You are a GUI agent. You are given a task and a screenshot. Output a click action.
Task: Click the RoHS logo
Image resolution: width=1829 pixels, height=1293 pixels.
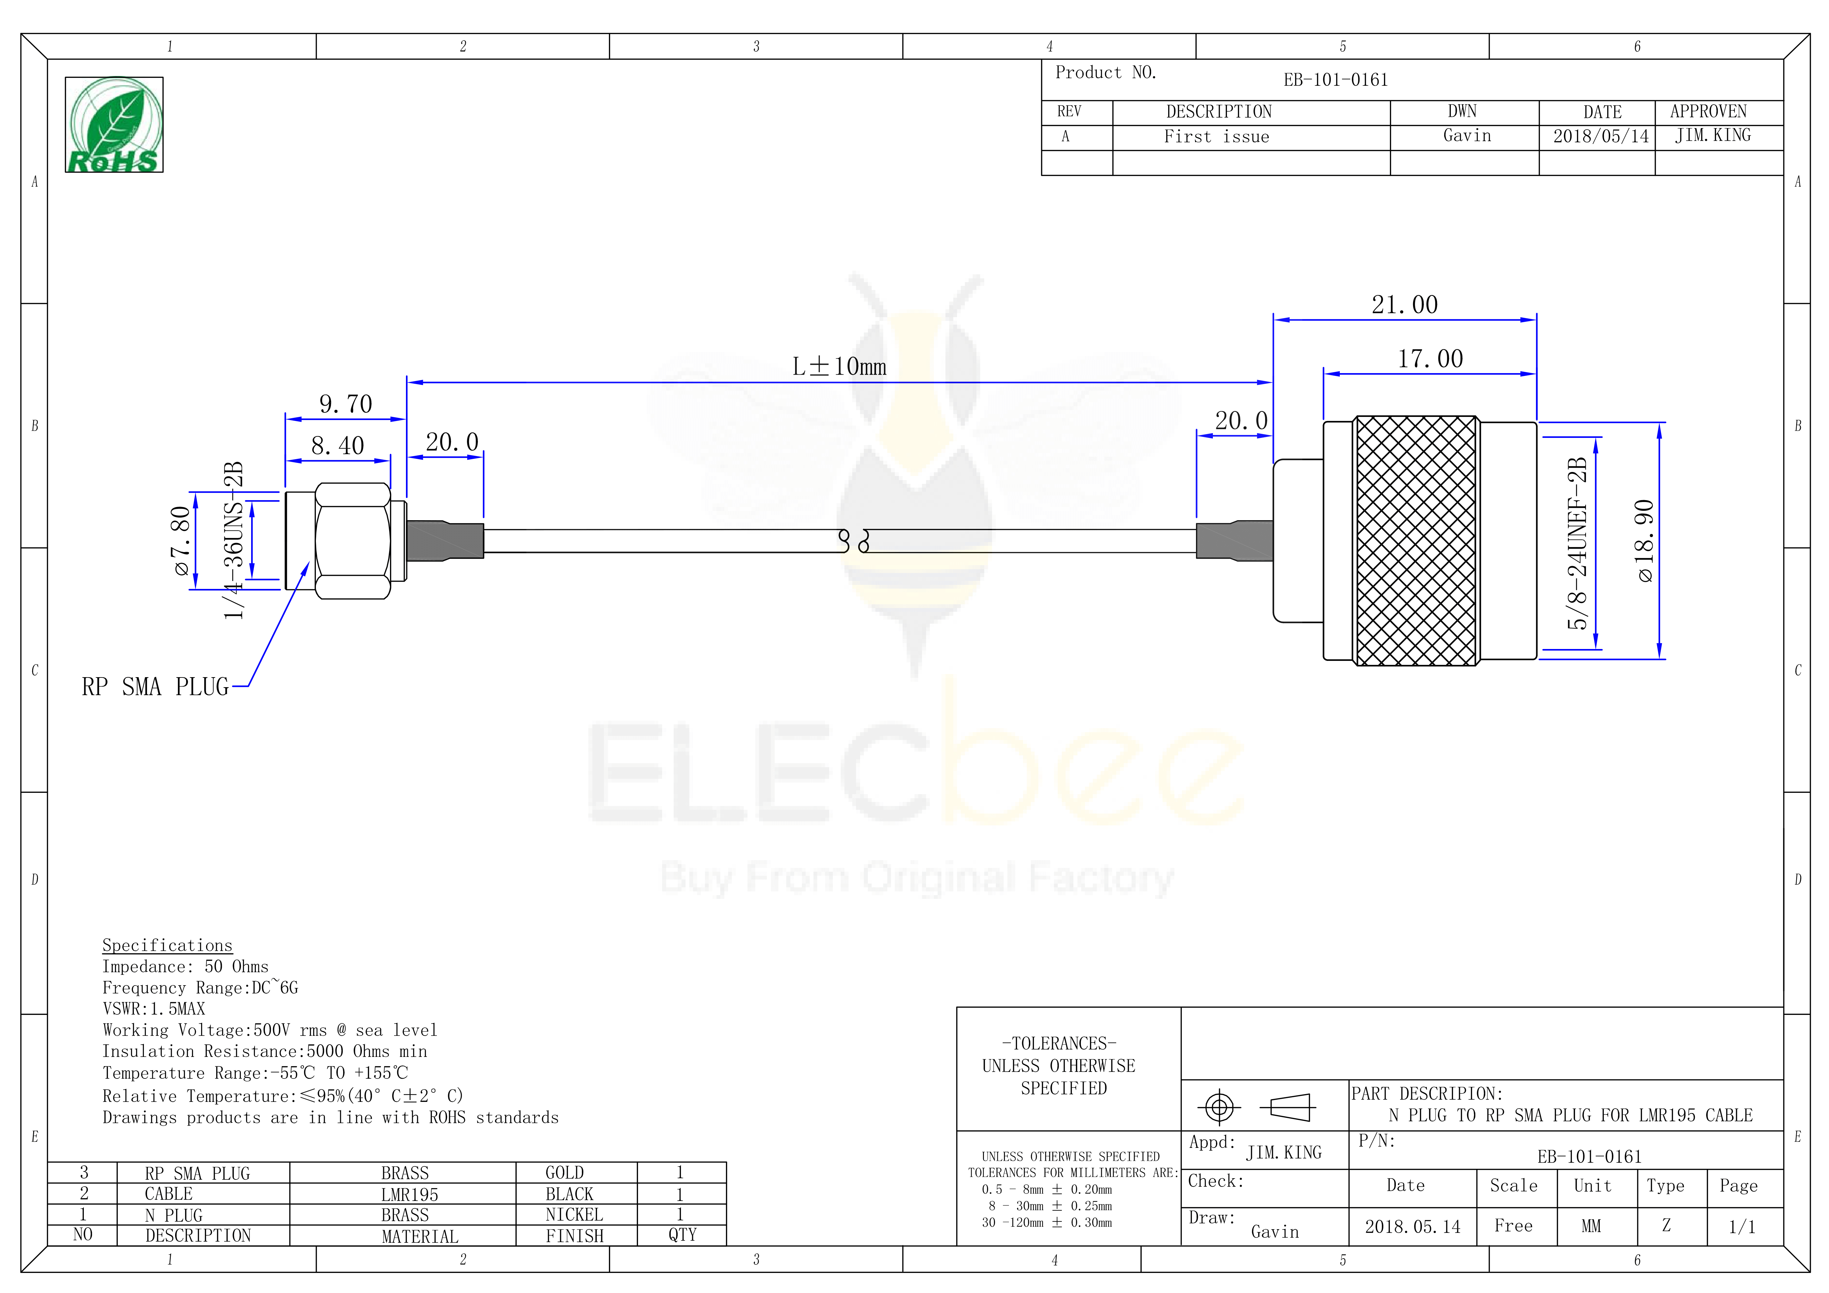[x=114, y=125]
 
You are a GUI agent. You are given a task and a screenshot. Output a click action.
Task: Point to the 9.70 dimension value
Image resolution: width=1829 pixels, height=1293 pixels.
[x=346, y=404]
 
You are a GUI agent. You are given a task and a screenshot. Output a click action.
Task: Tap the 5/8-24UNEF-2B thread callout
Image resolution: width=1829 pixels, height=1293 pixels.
[x=1577, y=543]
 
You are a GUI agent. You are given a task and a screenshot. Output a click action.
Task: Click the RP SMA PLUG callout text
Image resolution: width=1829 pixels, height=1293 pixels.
[x=155, y=687]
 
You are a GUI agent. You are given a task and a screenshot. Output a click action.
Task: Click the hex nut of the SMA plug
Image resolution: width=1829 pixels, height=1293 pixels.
[x=353, y=541]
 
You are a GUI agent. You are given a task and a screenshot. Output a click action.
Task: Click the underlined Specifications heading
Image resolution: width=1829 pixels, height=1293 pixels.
[x=167, y=946]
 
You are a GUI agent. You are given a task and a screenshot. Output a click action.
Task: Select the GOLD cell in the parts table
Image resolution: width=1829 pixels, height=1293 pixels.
[x=565, y=1173]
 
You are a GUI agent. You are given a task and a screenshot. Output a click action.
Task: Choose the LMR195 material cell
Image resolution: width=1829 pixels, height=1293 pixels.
[x=409, y=1194]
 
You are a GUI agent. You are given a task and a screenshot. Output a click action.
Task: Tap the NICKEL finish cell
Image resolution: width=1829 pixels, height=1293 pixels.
[x=574, y=1215]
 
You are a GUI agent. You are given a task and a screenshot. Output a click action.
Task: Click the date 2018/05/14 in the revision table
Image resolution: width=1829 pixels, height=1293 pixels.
[x=1601, y=136]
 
